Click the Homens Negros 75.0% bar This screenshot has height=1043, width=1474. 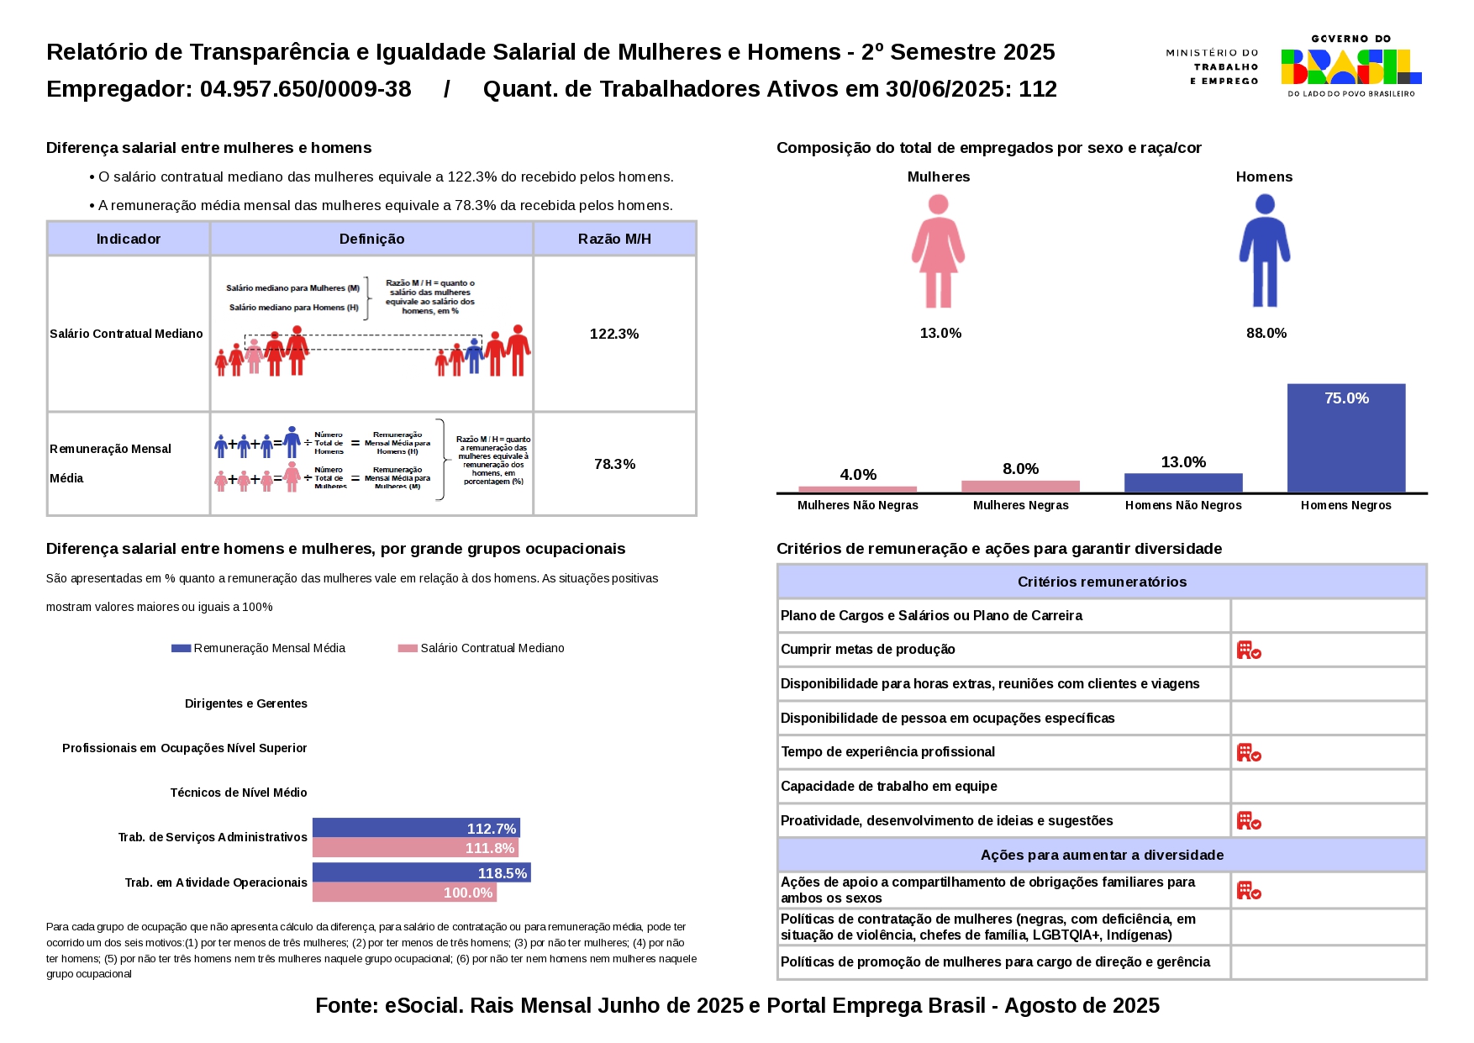click(x=1345, y=438)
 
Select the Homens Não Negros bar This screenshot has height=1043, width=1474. click(x=1182, y=483)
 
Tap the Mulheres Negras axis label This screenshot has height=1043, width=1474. click(x=1020, y=505)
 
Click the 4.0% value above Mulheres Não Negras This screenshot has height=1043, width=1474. click(x=857, y=475)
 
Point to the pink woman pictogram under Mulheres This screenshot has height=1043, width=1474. click(x=938, y=251)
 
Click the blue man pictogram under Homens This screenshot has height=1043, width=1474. click(x=1264, y=251)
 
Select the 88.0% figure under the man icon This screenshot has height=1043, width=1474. click(x=1266, y=334)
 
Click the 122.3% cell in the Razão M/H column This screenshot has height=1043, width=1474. click(x=614, y=334)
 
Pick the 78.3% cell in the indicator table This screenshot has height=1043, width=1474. click(x=614, y=464)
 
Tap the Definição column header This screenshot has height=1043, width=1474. click(x=371, y=240)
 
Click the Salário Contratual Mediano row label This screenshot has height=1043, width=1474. click(x=127, y=334)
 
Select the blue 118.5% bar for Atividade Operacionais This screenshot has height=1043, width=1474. click(x=421, y=872)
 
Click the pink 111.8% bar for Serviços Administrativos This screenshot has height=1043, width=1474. click(x=415, y=848)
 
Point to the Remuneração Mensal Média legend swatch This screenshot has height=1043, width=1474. click(x=181, y=648)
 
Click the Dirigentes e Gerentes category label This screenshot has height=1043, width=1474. click(x=246, y=703)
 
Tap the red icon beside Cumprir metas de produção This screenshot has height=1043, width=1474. click(x=1249, y=650)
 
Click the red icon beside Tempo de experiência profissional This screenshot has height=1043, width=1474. click(x=1249, y=752)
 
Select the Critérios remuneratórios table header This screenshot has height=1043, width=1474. click(x=1102, y=582)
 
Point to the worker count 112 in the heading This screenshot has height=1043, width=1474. click(x=1038, y=89)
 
